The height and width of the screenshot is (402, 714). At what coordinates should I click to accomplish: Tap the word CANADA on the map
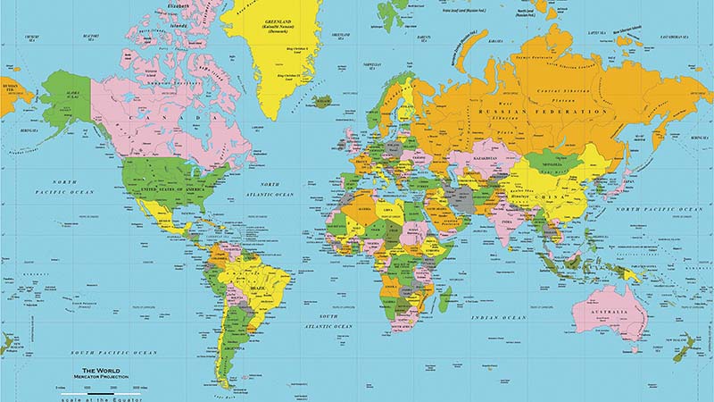(153, 117)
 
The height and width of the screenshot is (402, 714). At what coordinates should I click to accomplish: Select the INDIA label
(507, 218)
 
